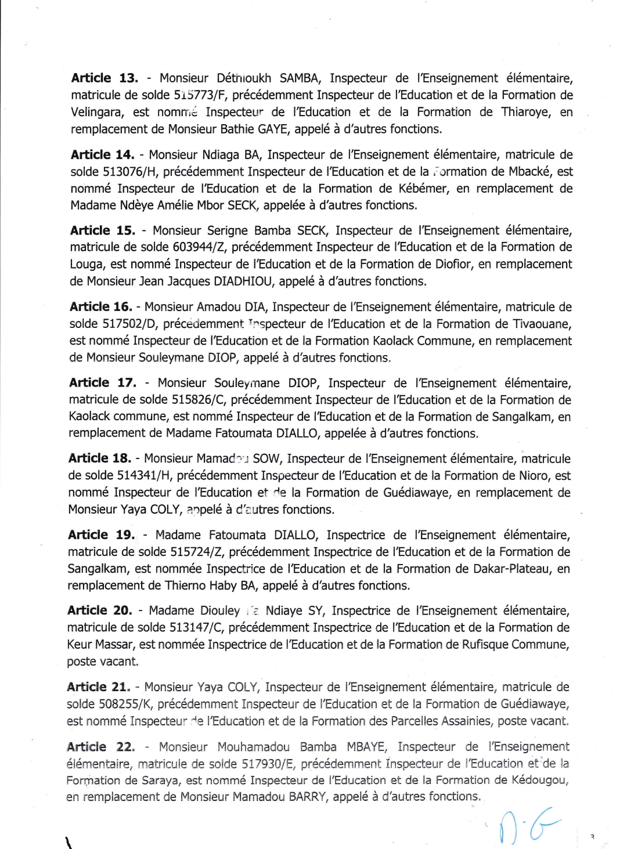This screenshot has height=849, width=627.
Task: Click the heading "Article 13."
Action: point(105,78)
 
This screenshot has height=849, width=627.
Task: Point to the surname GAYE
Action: point(273,129)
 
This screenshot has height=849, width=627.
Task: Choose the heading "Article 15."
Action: point(103,230)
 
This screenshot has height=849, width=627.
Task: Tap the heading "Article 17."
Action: point(102,383)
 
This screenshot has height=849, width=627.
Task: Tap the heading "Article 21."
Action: point(98,687)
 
